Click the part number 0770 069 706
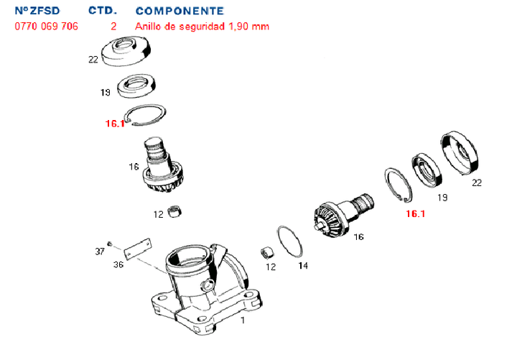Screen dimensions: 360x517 (47, 26)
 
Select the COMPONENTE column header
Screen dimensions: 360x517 (179, 11)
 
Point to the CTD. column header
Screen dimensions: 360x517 (103, 11)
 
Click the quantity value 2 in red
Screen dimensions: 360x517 (113, 26)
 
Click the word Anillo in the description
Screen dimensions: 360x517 (147, 26)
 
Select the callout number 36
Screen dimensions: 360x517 (118, 265)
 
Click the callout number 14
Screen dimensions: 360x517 (304, 265)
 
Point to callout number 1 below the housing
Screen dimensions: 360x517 (242, 320)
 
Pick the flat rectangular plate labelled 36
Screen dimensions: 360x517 (136, 249)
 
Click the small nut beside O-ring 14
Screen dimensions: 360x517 (268, 254)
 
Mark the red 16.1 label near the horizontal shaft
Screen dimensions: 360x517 (415, 213)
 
